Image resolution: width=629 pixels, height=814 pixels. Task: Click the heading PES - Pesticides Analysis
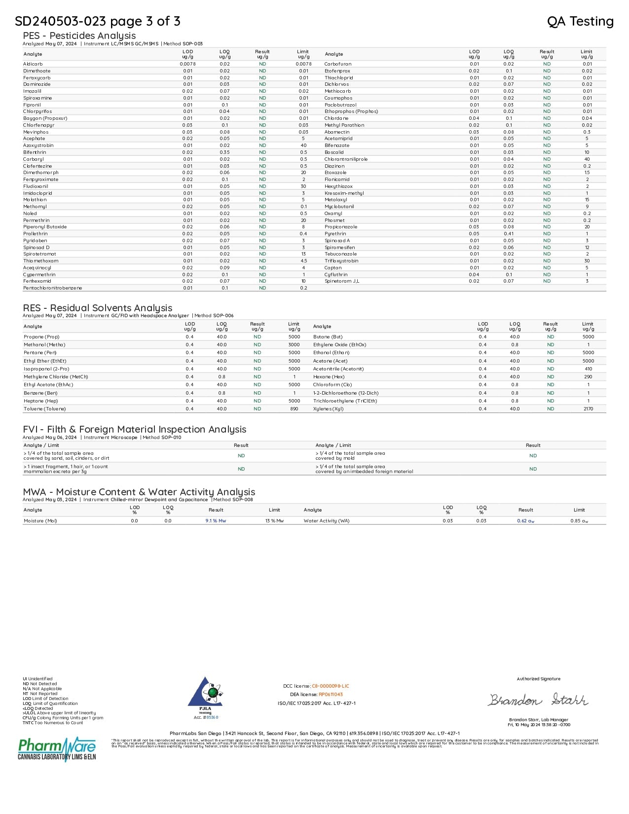tap(79, 36)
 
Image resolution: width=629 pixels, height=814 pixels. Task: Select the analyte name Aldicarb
tap(33, 64)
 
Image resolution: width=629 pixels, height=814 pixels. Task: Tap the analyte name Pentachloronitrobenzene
tap(52, 288)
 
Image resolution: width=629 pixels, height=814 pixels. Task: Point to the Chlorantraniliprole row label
tap(346, 159)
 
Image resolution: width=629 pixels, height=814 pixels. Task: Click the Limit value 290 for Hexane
tap(588, 377)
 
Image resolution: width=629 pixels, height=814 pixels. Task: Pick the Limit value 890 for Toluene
tap(294, 409)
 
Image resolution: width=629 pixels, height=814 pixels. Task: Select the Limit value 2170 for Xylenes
tap(588, 409)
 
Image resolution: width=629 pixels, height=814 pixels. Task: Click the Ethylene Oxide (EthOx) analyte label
tap(339, 345)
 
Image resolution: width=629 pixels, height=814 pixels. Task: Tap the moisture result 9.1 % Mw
tap(216, 521)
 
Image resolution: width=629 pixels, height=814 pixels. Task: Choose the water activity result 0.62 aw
tap(525, 521)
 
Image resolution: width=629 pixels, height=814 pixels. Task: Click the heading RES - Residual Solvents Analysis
tap(97, 308)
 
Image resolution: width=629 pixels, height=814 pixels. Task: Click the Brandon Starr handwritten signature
tap(538, 700)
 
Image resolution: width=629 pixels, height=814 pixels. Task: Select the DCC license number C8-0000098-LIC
tap(330, 686)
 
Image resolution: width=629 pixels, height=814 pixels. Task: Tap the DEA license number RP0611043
tap(331, 695)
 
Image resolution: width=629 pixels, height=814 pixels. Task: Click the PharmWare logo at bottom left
tap(57, 749)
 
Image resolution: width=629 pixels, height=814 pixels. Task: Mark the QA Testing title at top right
tap(580, 21)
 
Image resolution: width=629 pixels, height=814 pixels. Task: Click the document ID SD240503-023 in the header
tap(60, 21)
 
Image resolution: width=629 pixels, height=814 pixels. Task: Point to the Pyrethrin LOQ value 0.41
tap(509, 234)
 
